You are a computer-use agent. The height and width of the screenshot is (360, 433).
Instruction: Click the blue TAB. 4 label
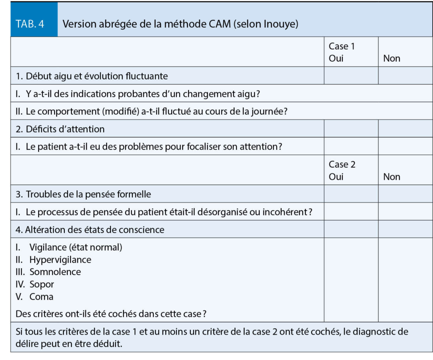30,24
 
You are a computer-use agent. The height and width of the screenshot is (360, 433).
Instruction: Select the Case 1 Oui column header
342,52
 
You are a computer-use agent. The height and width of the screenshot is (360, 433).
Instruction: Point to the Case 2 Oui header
342,170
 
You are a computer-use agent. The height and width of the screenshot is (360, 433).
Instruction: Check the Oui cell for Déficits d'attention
351,129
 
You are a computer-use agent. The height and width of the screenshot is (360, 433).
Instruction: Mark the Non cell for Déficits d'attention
405,129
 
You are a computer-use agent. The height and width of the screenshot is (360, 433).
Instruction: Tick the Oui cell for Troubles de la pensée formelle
351,195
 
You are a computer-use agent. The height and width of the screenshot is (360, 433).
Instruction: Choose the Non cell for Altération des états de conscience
405,230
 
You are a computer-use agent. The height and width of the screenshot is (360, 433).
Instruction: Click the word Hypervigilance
60,260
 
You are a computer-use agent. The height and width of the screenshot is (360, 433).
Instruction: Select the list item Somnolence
55,272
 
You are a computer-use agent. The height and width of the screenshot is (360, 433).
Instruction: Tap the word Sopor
41,284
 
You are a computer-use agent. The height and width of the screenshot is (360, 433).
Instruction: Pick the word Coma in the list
41,297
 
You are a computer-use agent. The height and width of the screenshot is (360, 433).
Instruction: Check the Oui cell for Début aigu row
351,77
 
